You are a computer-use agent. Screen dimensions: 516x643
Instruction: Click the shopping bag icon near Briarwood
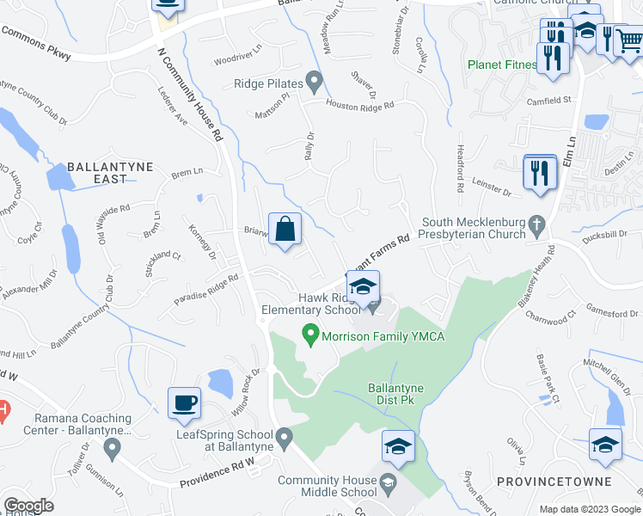(x=285, y=230)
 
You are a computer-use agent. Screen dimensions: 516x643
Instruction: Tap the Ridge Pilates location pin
(x=315, y=84)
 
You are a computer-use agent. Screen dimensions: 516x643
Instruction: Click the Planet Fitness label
(x=502, y=64)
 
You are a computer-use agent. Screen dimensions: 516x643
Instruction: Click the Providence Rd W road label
(x=217, y=476)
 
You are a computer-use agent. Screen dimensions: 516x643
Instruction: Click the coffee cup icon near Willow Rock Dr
(x=186, y=402)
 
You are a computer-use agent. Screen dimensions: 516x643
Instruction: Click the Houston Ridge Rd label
(x=358, y=105)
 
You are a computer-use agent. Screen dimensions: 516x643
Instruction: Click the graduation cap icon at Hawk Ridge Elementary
(x=363, y=289)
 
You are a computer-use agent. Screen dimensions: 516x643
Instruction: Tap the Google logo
(x=29, y=506)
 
